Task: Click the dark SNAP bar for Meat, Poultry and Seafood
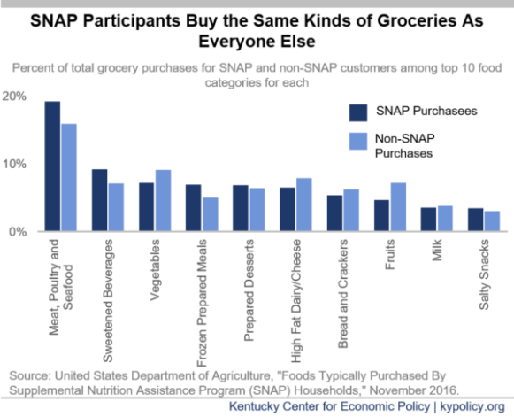pos(52,166)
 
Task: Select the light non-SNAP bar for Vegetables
pos(164,200)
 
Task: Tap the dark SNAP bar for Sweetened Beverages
pos(100,200)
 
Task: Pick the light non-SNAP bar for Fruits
pos(398,207)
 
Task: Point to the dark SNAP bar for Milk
pos(428,220)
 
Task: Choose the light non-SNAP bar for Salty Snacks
pos(493,221)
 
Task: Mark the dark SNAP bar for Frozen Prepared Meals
pos(194,208)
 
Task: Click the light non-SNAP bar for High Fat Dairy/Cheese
pos(304,205)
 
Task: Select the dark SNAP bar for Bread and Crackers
pos(334,213)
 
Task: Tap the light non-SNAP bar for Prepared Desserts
pos(257,210)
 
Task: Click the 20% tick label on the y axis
pos(14,97)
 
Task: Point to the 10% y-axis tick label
pos(14,164)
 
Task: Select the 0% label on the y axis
pos(18,232)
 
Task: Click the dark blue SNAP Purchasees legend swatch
pos(358,113)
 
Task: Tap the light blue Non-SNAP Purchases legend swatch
pos(358,142)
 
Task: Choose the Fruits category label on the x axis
pos(389,255)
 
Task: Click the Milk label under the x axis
pos(437,251)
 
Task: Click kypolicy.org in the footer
pos(472,406)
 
